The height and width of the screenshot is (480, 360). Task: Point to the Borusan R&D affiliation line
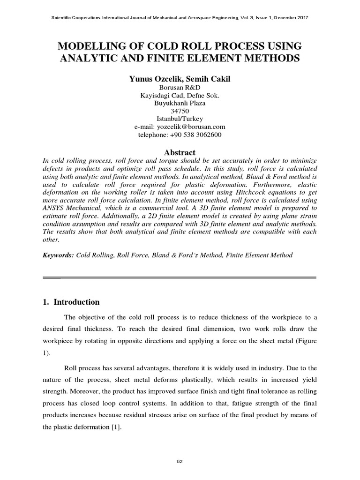[180, 88]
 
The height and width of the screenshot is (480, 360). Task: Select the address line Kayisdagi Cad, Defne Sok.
[180, 96]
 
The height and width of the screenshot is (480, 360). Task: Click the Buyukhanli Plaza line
[180, 104]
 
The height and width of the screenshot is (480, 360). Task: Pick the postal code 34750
[180, 112]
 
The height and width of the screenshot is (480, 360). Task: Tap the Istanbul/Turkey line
[180, 119]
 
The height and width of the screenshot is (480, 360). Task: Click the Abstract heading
[180, 152]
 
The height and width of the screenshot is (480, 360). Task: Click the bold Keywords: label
[58, 255]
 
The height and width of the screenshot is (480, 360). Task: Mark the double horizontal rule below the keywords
[180, 277]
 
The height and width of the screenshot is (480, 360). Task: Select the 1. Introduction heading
[71, 302]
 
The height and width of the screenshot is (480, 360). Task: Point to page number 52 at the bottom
[180, 462]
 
